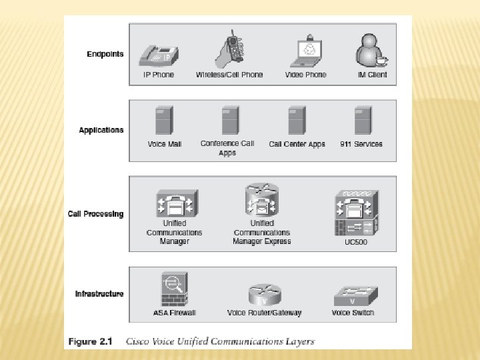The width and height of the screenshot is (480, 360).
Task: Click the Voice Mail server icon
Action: point(163,122)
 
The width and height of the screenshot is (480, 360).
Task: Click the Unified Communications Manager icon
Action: point(175,204)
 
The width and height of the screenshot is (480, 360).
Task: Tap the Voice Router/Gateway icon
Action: point(265,295)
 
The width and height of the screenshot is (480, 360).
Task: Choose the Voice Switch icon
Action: point(353,295)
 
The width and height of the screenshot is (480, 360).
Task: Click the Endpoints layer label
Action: point(105,54)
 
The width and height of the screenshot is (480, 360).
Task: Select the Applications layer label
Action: point(101,130)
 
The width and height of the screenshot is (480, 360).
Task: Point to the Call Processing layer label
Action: point(96,214)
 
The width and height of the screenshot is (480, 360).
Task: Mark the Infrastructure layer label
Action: point(99,294)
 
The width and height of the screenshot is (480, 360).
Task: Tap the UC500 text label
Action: point(351,242)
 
